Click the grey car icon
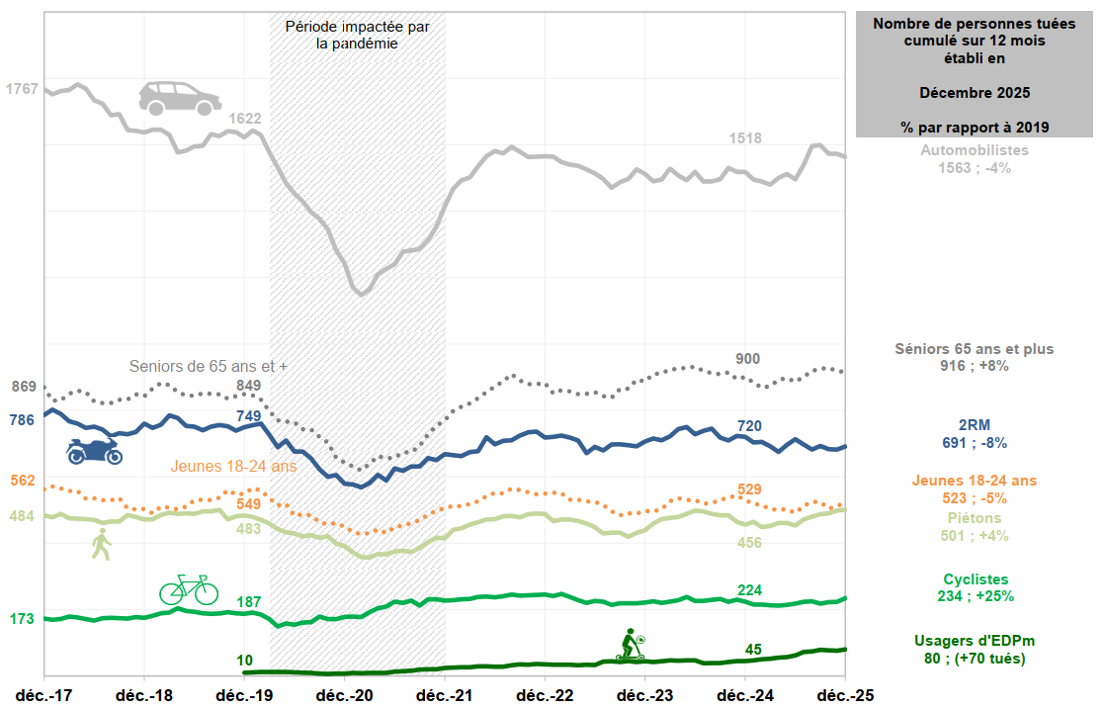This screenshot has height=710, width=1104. (179, 98)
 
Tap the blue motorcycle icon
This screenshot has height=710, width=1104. (94, 451)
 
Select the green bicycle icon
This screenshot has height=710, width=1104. (189, 589)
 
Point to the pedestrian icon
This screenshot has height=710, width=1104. (101, 544)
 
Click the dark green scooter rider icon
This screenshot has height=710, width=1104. (631, 645)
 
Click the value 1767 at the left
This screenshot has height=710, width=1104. (22, 89)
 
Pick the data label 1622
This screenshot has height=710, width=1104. (245, 119)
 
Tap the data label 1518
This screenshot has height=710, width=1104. (745, 138)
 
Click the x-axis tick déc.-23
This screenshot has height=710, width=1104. (644, 694)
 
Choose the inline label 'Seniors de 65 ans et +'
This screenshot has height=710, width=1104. (209, 366)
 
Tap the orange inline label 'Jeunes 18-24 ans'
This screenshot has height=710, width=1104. (234, 466)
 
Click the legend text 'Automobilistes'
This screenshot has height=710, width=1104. (975, 150)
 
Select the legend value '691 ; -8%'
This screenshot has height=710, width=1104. (974, 443)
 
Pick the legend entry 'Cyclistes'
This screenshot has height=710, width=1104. (975, 578)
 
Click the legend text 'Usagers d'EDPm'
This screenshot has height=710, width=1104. (975, 641)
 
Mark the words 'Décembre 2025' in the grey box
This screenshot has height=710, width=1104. (975, 93)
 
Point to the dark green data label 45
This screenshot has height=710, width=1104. (753, 650)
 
